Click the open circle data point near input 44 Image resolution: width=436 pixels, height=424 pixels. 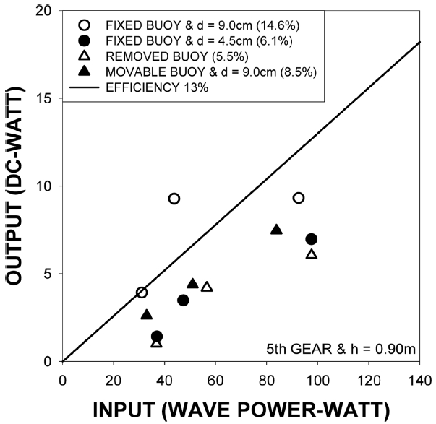pyautogui.click(x=174, y=199)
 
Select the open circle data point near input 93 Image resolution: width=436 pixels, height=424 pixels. pyautogui.click(x=299, y=198)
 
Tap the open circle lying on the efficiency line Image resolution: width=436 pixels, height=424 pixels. pyautogui.click(x=142, y=293)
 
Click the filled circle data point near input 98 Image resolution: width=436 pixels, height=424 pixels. pyautogui.click(x=312, y=239)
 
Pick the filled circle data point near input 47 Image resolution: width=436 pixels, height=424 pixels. pyautogui.click(x=183, y=300)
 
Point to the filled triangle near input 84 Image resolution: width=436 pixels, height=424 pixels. pyautogui.click(x=276, y=230)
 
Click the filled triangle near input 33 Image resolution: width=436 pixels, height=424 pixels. pyautogui.click(x=147, y=315)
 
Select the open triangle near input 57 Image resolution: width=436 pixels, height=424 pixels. pyautogui.click(x=207, y=287)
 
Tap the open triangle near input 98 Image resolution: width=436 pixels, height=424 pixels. pyautogui.click(x=312, y=254)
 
